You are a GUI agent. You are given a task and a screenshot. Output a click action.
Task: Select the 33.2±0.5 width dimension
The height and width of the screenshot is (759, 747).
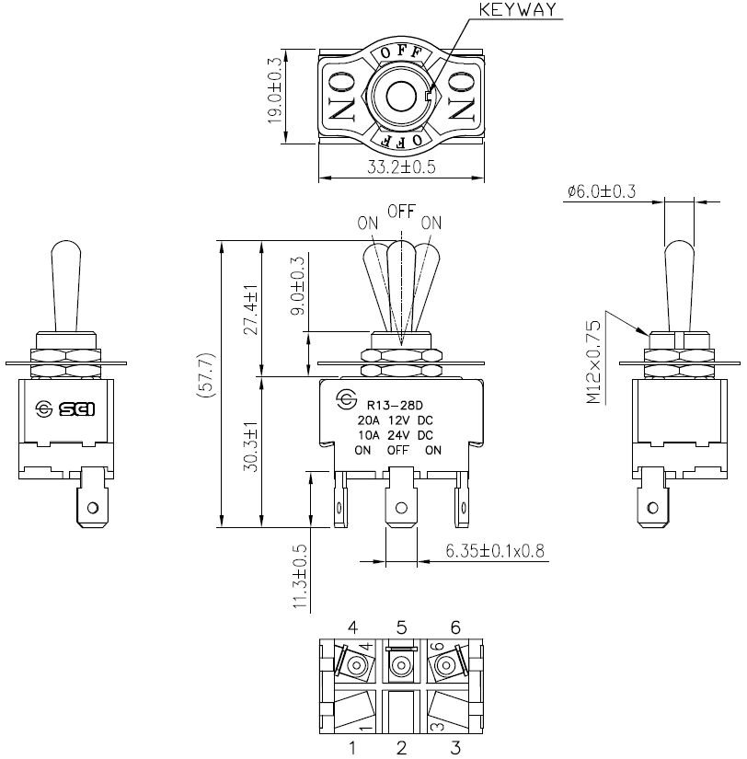[400, 168]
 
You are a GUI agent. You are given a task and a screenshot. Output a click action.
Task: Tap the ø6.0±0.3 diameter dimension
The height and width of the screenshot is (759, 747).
[603, 190]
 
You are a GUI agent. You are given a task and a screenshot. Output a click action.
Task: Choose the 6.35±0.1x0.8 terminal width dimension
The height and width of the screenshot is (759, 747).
[496, 551]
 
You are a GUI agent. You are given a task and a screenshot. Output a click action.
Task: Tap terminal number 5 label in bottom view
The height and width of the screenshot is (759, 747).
[401, 627]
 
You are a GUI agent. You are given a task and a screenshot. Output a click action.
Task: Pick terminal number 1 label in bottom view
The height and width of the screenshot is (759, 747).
[352, 747]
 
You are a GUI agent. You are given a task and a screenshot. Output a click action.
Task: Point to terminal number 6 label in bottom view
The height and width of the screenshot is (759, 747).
[454, 627]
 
